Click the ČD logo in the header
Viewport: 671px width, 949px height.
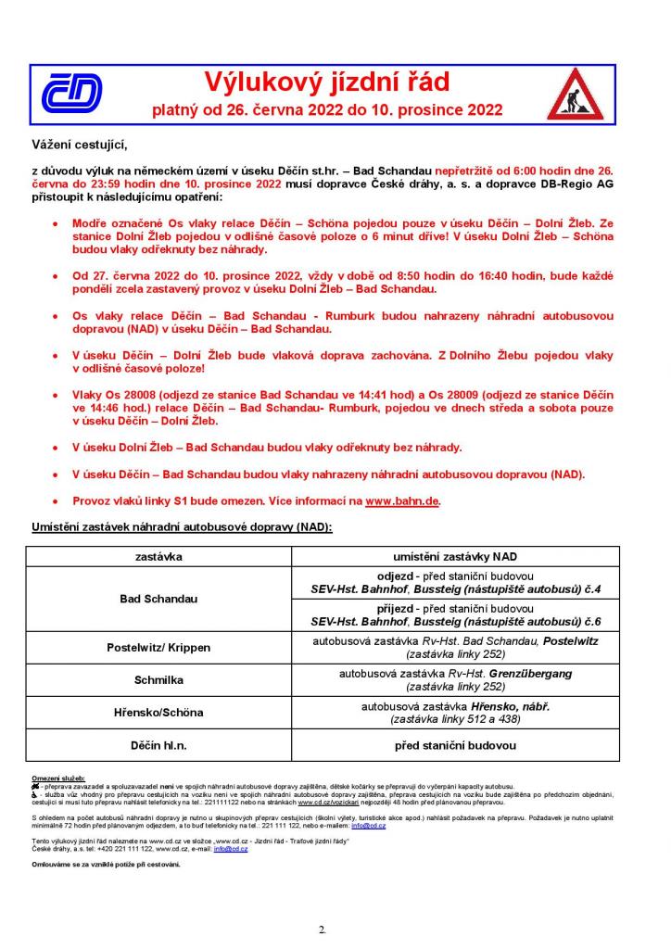click(x=70, y=94)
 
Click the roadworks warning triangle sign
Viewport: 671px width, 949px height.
click(x=575, y=95)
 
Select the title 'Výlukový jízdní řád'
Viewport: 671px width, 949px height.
click(x=326, y=82)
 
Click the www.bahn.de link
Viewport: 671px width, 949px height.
click(x=401, y=500)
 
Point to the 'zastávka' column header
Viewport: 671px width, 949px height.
click(x=158, y=556)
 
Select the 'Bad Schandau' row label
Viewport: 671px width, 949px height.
click(x=158, y=599)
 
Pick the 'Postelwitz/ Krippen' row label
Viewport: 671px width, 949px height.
click(x=158, y=647)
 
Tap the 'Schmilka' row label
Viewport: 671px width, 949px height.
click(x=158, y=679)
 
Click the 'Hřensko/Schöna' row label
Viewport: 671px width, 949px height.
click(x=158, y=712)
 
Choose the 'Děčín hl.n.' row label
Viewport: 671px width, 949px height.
click(x=158, y=744)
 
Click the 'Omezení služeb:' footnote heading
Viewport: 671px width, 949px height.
click(x=58, y=778)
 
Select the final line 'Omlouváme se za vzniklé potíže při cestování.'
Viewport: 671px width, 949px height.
click(x=106, y=864)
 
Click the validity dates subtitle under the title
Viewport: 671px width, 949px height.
click(x=327, y=110)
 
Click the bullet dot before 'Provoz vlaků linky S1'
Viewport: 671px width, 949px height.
click(x=57, y=501)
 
